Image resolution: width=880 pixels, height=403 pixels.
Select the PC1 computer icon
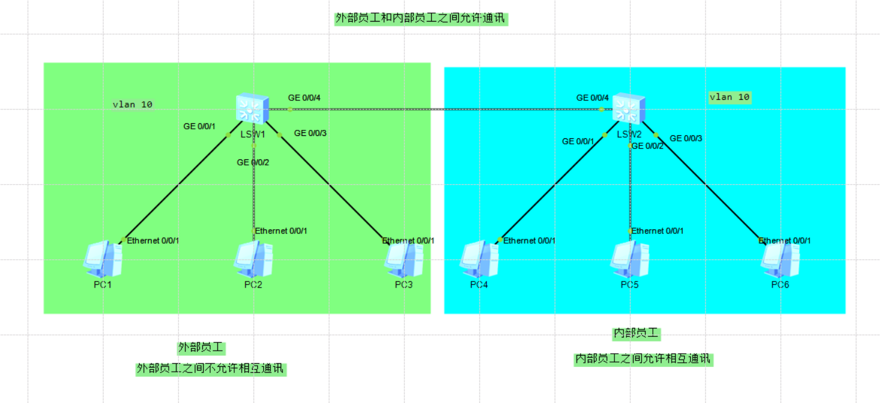(103, 259)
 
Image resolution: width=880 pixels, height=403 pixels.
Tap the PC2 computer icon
(253, 259)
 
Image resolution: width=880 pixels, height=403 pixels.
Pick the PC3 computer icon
(404, 259)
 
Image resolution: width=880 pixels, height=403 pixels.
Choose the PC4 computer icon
(479, 259)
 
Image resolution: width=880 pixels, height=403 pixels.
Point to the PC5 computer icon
(629, 259)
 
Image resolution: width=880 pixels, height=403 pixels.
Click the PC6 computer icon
(780, 259)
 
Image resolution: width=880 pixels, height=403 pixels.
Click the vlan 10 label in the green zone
(133, 104)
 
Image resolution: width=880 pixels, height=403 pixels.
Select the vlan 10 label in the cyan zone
(729, 97)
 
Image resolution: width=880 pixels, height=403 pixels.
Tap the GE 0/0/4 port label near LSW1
(304, 97)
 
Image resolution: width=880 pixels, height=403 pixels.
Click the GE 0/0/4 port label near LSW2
(592, 97)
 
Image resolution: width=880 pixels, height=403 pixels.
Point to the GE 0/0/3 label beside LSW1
(310, 133)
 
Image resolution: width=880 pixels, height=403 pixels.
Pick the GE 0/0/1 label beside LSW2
(578, 141)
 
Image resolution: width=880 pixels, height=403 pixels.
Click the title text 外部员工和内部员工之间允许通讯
(422, 19)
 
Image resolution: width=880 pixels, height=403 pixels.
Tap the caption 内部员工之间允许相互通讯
(643, 359)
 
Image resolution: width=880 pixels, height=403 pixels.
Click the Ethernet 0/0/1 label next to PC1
(153, 241)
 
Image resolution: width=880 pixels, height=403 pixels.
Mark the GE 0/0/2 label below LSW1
(253, 162)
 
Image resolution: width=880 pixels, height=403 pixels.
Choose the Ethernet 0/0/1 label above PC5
(657, 231)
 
